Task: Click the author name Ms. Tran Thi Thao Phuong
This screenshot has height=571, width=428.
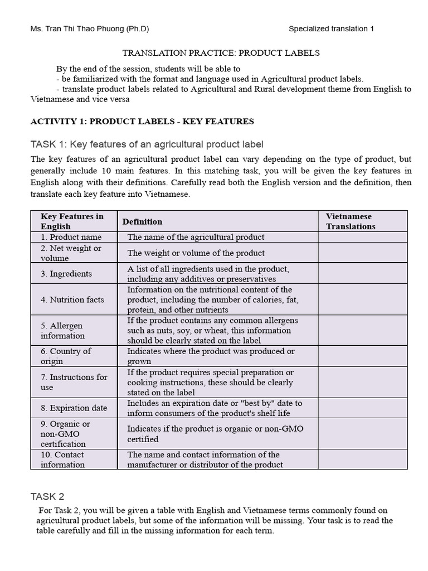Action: tap(90, 29)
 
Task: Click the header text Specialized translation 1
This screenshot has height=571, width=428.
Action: tap(332, 29)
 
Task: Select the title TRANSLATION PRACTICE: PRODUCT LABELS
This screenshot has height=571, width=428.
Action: tap(221, 53)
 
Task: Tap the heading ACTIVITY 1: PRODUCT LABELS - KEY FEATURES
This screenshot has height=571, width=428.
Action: tap(142, 121)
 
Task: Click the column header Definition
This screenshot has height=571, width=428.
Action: tap(143, 221)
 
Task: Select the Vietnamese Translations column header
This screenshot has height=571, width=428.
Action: tap(351, 221)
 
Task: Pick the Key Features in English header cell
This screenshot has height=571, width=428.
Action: tap(72, 221)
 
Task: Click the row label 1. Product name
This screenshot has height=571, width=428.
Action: tap(71, 237)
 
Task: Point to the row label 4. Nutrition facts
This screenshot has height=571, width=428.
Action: tap(72, 299)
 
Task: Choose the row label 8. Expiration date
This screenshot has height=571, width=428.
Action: tap(74, 408)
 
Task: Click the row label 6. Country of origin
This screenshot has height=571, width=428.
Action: tap(66, 356)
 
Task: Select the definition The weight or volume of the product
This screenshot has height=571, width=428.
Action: tap(196, 253)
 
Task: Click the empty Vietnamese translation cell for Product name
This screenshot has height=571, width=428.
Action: tap(363, 237)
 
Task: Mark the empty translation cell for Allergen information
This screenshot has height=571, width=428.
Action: tap(363, 330)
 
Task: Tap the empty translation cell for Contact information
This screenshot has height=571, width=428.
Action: tap(363, 459)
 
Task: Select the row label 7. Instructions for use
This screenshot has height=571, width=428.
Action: tap(74, 382)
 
